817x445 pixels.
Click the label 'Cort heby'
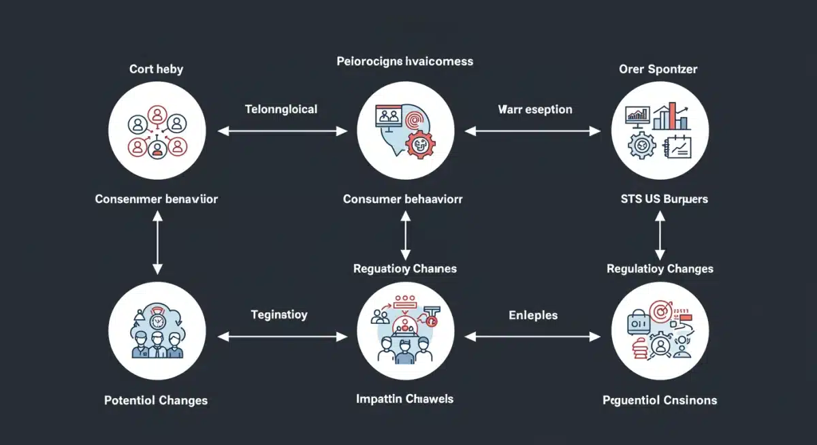(x=156, y=69)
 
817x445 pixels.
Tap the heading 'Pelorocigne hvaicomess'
(x=404, y=61)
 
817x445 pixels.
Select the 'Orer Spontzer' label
(x=658, y=69)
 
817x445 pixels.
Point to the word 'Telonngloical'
(x=281, y=109)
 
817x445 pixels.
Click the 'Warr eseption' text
(x=534, y=109)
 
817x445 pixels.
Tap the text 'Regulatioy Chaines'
(x=404, y=269)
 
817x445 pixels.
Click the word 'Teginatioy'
(x=279, y=315)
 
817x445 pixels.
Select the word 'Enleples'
(x=533, y=315)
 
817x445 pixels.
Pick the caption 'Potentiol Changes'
(x=156, y=400)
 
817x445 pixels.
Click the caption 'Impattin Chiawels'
(x=404, y=399)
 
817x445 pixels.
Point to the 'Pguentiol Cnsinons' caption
(x=659, y=400)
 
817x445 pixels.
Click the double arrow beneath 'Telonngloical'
(x=283, y=131)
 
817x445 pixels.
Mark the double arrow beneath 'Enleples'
(x=532, y=336)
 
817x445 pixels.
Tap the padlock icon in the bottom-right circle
(x=637, y=321)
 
